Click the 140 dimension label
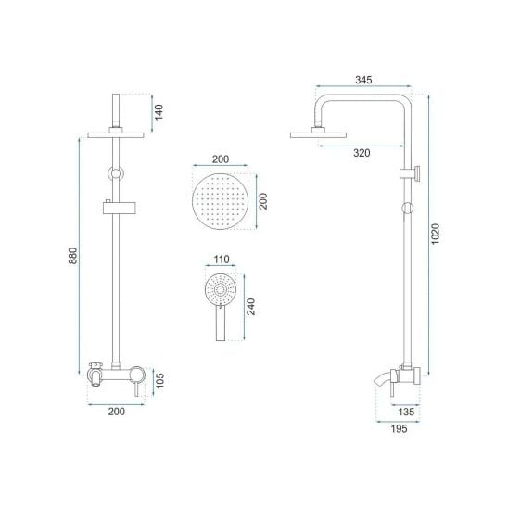[159, 112]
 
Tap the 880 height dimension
[73, 256]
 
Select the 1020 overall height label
[436, 234]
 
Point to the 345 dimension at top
[363, 80]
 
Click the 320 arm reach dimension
[362, 153]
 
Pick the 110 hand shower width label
[222, 260]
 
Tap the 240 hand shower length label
[251, 307]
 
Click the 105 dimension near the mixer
[160, 380]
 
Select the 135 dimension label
[406, 413]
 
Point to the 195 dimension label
[399, 429]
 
